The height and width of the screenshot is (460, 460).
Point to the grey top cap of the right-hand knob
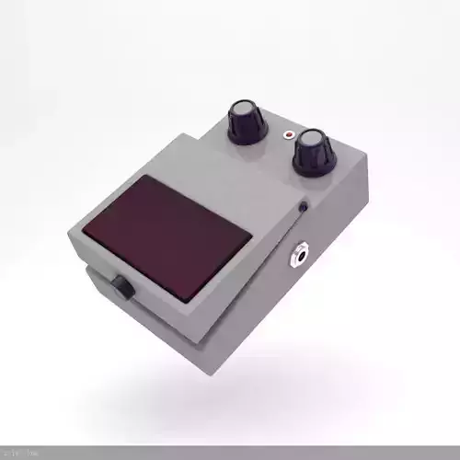tap(312, 139)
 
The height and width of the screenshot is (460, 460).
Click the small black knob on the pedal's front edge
tap(121, 287)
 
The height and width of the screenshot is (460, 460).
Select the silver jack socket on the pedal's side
tap(301, 254)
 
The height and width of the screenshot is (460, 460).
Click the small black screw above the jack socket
tap(303, 206)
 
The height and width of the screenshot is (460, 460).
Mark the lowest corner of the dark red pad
tap(190, 303)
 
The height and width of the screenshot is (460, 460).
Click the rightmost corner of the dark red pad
tap(251, 241)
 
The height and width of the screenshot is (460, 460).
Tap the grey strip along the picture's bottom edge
tap(230, 453)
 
